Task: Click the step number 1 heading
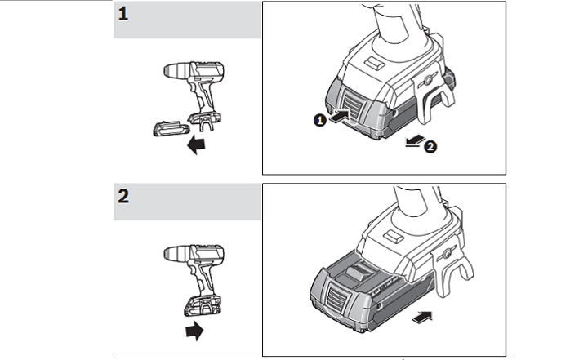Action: point(123,14)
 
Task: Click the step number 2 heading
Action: point(123,196)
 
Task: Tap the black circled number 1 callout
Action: point(320,120)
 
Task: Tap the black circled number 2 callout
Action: point(430,146)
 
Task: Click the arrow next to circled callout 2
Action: point(415,140)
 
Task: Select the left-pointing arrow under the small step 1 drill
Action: point(196,144)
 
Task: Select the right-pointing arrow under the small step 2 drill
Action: point(194,331)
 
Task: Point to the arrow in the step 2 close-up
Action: point(422,317)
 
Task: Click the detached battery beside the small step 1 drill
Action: point(171,128)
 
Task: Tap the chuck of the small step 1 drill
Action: point(177,70)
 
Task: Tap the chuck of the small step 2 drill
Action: point(177,253)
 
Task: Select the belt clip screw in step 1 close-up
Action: point(427,79)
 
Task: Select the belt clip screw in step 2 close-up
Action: point(447,254)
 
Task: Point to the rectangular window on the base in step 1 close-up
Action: point(376,63)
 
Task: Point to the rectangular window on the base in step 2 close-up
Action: point(394,236)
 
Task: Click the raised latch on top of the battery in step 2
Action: point(359,271)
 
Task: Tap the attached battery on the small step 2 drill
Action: point(203,305)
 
